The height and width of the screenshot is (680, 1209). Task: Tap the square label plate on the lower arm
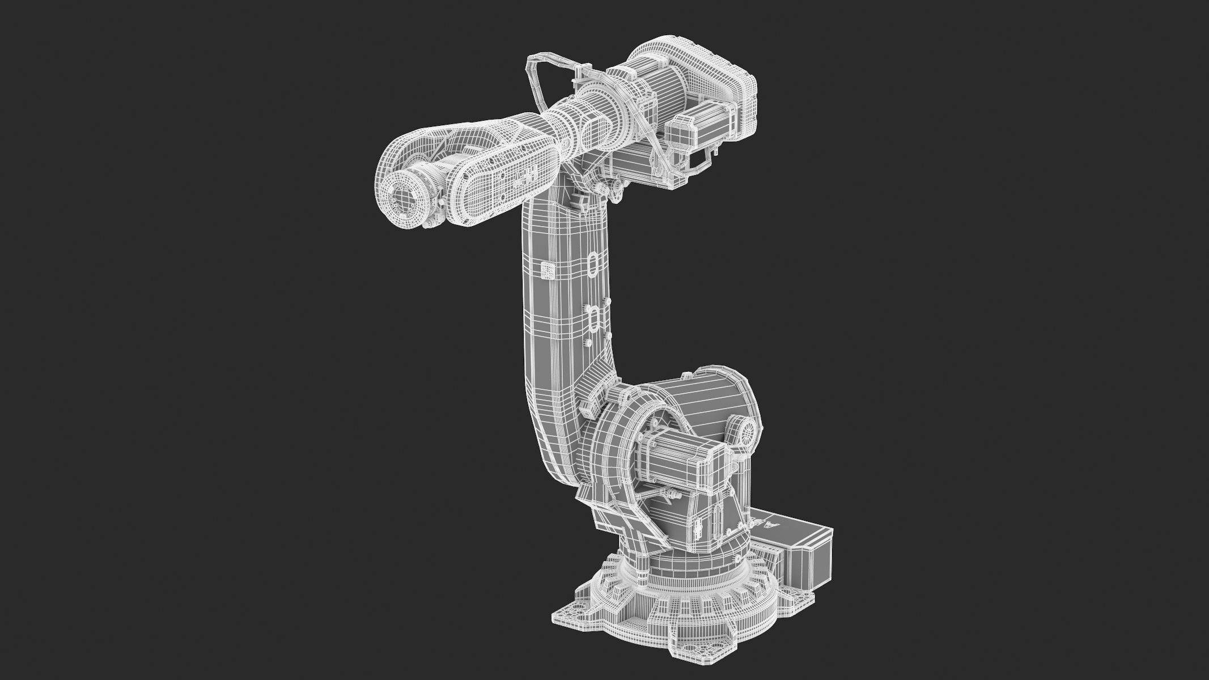[x=548, y=270]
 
